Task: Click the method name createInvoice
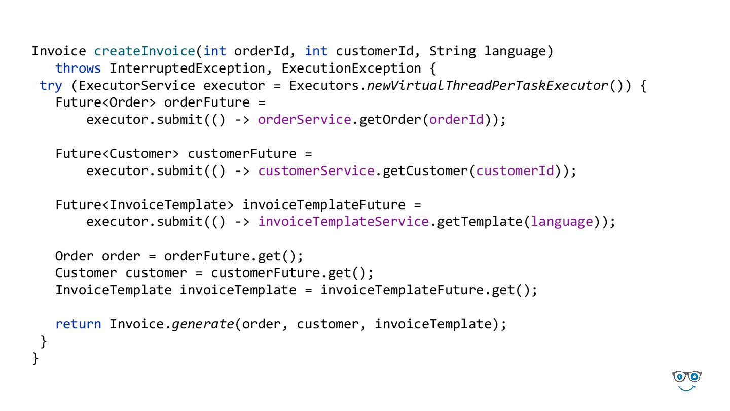click(x=144, y=51)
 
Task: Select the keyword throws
click(x=78, y=68)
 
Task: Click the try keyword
click(x=51, y=86)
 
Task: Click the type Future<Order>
click(x=105, y=102)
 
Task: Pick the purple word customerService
click(x=316, y=171)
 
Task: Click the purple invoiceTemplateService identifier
click(x=343, y=222)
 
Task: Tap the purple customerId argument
click(x=515, y=171)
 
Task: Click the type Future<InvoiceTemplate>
click(x=144, y=205)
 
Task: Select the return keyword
click(x=78, y=324)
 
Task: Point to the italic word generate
click(x=203, y=324)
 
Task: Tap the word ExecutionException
click(x=351, y=68)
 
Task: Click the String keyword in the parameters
click(x=453, y=51)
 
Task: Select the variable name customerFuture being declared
click(x=242, y=154)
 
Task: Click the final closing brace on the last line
click(x=35, y=359)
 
